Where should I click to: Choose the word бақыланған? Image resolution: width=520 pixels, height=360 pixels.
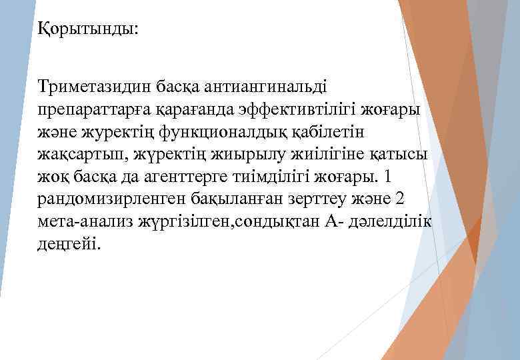tap(237, 199)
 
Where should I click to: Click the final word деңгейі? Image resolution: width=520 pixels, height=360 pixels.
tap(69, 245)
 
